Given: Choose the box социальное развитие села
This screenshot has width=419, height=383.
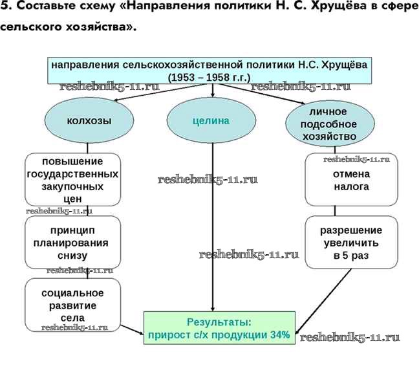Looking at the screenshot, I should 73,304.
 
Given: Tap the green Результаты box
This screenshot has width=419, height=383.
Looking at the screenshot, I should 219,327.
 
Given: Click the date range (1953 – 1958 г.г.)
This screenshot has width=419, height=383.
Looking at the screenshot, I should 209,77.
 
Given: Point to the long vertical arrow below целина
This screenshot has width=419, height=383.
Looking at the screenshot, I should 213,226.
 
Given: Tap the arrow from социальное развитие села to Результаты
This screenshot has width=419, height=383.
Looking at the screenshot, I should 132,329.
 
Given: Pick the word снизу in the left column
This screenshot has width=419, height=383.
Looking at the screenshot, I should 73,256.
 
